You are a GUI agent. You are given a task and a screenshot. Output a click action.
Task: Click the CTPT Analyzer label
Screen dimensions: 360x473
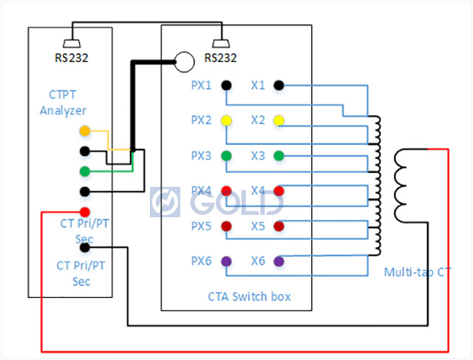pos(63,103)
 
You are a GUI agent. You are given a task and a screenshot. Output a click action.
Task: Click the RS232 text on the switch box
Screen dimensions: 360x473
pos(220,58)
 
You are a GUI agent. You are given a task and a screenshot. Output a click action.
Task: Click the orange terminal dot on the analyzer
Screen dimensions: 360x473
pos(85,132)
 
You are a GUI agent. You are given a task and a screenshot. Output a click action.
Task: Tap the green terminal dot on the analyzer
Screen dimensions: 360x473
pos(85,171)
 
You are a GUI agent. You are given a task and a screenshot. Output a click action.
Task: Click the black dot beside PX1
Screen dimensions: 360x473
pos(226,85)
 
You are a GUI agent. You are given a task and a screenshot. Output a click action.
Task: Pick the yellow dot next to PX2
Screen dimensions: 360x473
pos(226,120)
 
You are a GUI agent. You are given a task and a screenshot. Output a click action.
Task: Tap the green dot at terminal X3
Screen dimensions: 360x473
pos(279,155)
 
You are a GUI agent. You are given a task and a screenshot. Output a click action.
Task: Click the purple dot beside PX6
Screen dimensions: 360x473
pos(226,261)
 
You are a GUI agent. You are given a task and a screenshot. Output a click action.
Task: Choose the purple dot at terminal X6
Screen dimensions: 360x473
pos(279,261)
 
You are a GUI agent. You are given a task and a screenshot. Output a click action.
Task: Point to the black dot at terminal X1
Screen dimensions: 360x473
pos(279,85)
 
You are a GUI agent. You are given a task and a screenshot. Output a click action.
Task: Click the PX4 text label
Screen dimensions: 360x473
pos(201,191)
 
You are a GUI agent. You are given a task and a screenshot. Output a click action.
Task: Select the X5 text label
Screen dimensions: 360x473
pos(257,225)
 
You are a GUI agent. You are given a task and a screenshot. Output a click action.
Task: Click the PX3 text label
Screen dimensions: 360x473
pos(201,155)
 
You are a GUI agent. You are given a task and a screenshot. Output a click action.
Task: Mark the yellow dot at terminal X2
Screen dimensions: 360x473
pos(279,120)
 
